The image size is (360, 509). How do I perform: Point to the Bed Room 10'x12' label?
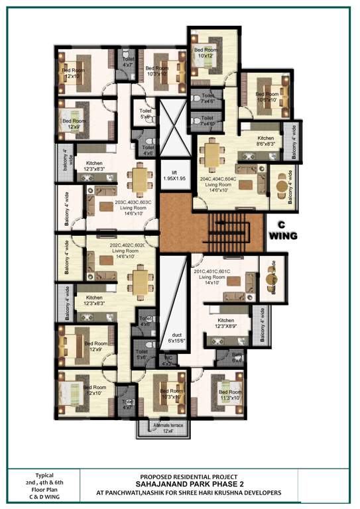[205, 52]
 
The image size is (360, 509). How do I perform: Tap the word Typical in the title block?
[44, 476]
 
